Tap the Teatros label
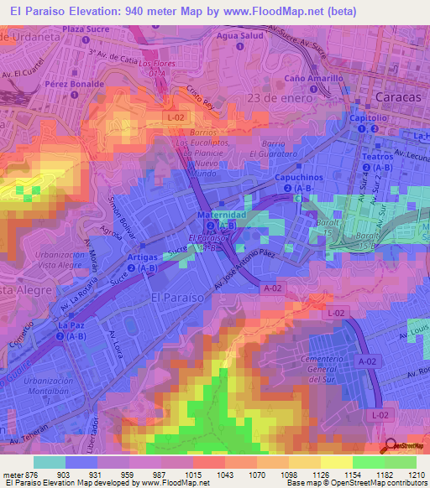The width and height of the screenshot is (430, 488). point(375,157)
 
